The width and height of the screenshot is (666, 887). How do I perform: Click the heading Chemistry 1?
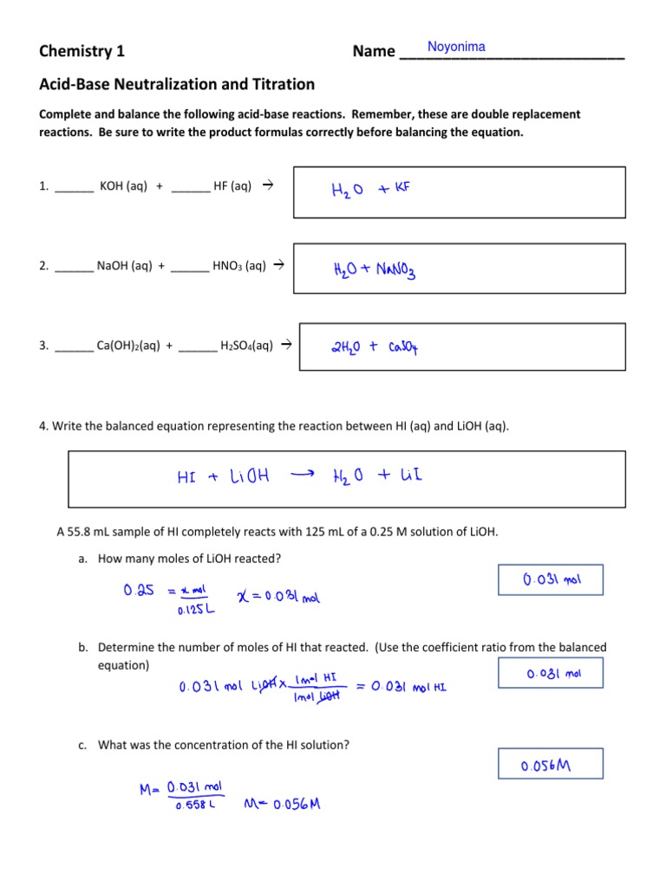(82, 51)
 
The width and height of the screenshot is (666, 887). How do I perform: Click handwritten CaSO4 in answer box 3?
(403, 348)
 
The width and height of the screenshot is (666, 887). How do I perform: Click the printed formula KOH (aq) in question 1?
(123, 185)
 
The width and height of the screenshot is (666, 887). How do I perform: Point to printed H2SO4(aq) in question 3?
(246, 346)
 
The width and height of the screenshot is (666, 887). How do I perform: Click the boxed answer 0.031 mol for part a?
(551, 580)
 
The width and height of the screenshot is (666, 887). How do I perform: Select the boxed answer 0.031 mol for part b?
(551, 673)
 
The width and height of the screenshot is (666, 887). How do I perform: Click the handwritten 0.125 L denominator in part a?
(195, 609)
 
